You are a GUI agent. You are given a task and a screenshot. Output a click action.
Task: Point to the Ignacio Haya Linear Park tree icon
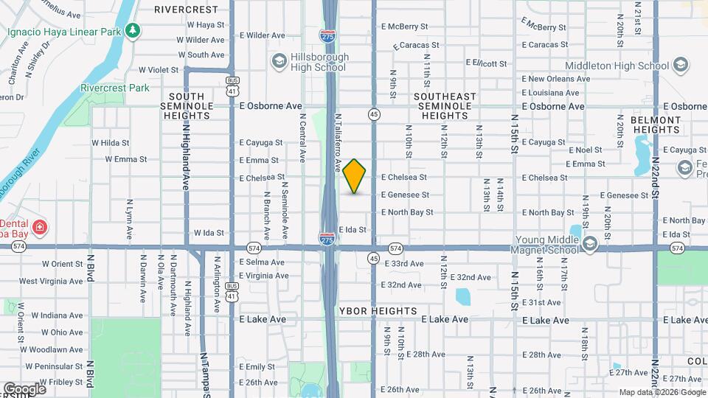pyautogui.click(x=132, y=31)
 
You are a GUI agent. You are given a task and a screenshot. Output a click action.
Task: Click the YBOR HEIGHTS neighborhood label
pyautogui.click(x=378, y=311)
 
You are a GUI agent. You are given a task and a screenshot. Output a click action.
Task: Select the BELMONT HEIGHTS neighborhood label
pyautogui.click(x=655, y=125)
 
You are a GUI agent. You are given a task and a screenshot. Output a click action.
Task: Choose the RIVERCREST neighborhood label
pyautogui.click(x=187, y=10)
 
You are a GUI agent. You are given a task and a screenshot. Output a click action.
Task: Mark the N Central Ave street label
pyautogui.click(x=302, y=136)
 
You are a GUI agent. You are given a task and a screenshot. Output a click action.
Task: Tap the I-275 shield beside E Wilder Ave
pyautogui.click(x=327, y=35)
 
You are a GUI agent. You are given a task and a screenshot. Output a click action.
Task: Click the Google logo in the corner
pyautogui.click(x=24, y=389)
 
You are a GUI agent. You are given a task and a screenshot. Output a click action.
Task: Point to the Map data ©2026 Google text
pyautogui.click(x=661, y=392)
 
